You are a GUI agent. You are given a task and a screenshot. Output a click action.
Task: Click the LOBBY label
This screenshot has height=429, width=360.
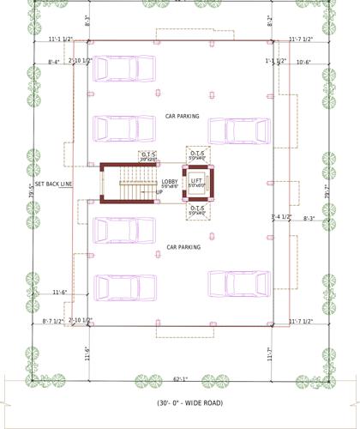point(169,181)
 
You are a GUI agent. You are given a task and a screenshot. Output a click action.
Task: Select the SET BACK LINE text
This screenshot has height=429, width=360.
point(54,184)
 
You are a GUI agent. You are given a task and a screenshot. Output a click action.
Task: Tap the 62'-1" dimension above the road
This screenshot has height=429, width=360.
point(179,378)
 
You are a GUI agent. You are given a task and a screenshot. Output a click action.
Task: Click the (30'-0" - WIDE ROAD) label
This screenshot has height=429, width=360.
point(180,402)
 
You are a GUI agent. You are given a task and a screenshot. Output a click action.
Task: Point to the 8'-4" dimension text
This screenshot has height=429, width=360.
point(55,62)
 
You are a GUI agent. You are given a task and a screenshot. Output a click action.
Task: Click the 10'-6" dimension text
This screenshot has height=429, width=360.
point(305,62)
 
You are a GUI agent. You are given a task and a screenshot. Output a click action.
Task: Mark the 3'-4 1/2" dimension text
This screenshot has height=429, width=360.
point(281,216)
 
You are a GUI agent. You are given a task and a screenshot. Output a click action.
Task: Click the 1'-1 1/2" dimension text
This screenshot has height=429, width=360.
point(276,62)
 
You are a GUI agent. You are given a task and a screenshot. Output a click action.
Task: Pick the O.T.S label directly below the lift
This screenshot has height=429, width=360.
point(196,208)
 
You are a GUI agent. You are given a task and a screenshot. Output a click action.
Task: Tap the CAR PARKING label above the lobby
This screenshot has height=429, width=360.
point(182,115)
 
